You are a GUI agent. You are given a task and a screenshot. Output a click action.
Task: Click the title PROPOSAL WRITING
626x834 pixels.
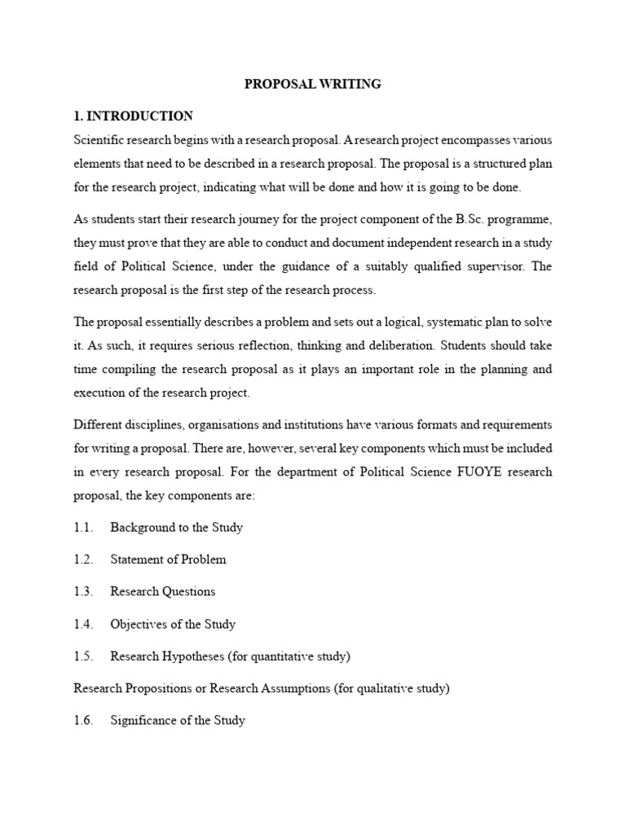coord(313,84)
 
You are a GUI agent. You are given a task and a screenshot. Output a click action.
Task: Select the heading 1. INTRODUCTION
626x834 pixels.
coord(133,116)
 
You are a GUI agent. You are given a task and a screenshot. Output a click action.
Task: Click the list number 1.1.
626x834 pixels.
coord(83,527)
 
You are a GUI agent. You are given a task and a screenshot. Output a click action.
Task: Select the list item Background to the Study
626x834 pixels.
coord(177,527)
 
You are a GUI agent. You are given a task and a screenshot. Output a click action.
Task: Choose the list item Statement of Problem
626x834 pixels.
coord(168,560)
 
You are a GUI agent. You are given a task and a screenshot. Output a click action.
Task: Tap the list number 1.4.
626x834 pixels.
coord(83,624)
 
